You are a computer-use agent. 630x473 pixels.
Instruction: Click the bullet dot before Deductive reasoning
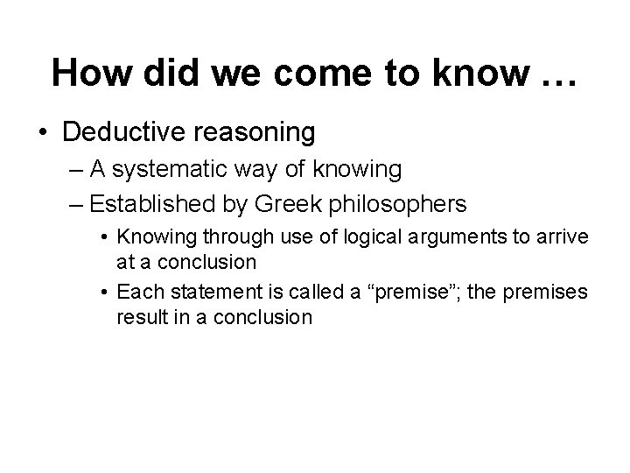(x=44, y=133)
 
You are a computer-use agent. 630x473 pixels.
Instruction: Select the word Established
(x=147, y=204)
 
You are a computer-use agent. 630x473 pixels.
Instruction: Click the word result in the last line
(x=139, y=316)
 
